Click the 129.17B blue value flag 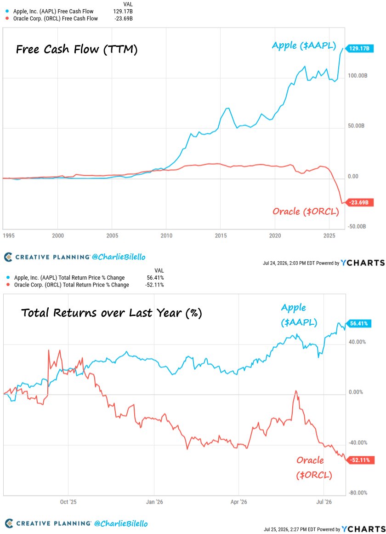pos(359,48)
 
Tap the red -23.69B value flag pos(359,203)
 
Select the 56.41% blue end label pos(359,323)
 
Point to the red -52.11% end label pos(360,460)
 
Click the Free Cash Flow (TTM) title pos(77,49)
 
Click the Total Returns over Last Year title pos(112,313)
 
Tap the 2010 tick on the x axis pos(166,235)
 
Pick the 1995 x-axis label pos(9,235)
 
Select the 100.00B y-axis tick pos(358,75)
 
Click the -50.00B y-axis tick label pos(357,226)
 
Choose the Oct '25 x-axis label pos(68,502)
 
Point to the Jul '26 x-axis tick pos(324,502)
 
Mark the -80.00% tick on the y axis pos(358,493)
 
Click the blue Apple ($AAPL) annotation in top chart pos(304,46)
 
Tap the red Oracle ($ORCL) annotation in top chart pos(306,212)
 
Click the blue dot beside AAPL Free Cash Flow pos(7,11)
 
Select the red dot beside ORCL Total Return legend pos(7,285)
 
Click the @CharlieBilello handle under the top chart pos(119,257)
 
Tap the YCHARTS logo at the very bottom pos(363,529)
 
